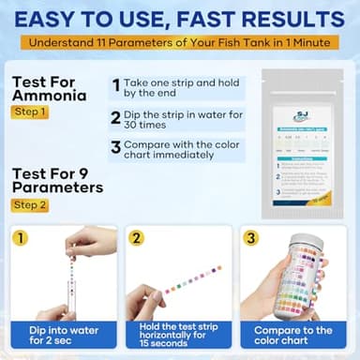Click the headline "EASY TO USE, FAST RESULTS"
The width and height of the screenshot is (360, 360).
179,18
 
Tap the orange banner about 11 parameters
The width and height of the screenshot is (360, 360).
179,43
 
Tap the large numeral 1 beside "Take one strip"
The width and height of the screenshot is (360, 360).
115,86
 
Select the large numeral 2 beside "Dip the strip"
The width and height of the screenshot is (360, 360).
115,117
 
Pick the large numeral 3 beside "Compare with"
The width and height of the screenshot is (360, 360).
115,147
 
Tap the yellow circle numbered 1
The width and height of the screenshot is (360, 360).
19,238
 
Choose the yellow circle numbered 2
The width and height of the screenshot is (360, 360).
137,238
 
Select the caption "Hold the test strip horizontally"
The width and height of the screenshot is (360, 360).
179,336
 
